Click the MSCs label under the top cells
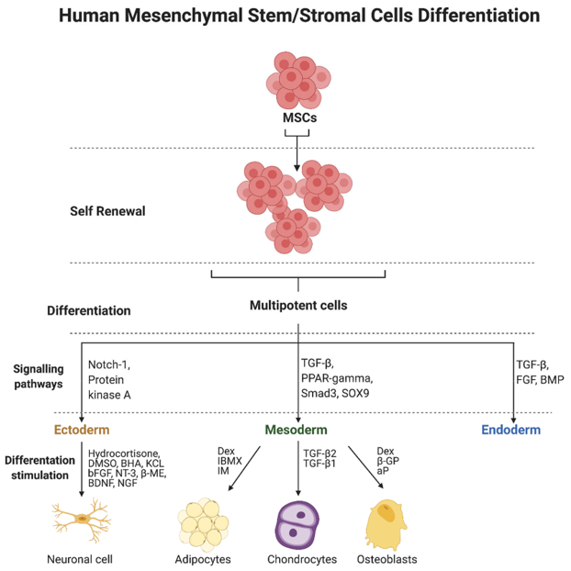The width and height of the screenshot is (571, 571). click(297, 118)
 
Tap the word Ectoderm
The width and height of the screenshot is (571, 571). click(83, 429)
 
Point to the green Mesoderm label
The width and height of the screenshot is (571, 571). click(297, 429)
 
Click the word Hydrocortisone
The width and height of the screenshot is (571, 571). click(125, 453)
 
